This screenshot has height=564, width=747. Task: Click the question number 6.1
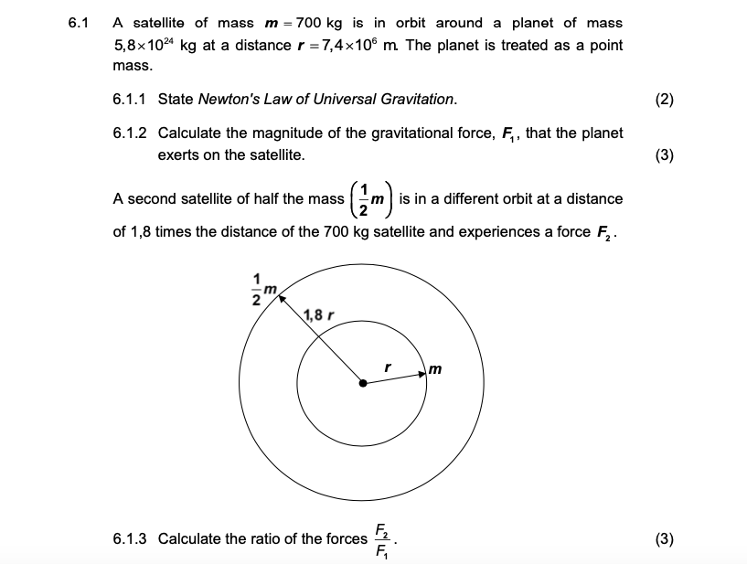coord(78,23)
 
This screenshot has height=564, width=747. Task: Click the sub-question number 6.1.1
coord(130,99)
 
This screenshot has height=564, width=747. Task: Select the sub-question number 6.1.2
coord(130,133)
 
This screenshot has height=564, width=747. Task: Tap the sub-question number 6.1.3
coord(130,538)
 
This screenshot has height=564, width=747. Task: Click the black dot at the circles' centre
coord(363,384)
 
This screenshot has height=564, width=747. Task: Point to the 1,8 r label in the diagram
coord(317,316)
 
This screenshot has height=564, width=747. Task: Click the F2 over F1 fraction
coord(381,538)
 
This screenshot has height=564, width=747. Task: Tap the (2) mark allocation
coord(665,99)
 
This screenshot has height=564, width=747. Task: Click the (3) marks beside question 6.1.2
coord(665,155)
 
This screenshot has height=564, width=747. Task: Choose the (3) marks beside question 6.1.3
coord(665,538)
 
